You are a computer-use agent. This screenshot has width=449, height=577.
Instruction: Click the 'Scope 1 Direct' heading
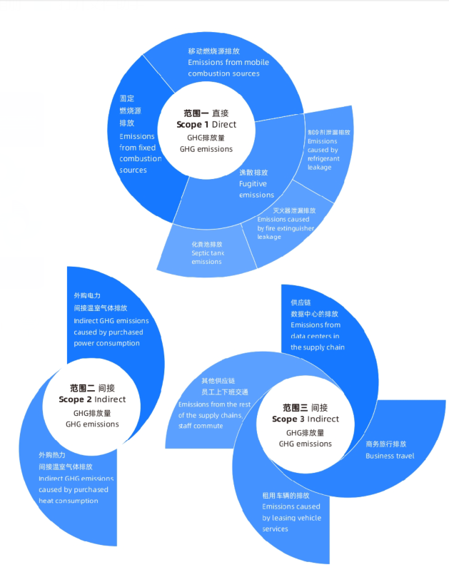point(206,125)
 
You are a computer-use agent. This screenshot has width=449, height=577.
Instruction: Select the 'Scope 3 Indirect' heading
point(305,419)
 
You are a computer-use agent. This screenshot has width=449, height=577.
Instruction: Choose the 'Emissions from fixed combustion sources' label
point(140,153)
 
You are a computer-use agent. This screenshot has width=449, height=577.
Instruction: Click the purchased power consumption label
point(109,332)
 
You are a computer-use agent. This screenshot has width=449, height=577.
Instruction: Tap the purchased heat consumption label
point(74,489)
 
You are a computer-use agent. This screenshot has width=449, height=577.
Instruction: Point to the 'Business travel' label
point(390,456)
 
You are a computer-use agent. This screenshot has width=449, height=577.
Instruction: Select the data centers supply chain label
point(318,336)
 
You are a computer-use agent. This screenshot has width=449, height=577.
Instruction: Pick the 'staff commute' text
point(201,426)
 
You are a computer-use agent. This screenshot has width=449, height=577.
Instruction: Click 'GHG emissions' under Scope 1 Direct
point(206,149)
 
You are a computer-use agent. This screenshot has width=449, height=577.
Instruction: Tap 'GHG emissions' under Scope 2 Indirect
point(92,424)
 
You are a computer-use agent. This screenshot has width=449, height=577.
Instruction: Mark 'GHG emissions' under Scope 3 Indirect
point(305,444)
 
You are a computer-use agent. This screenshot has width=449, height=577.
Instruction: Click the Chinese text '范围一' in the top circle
point(196,113)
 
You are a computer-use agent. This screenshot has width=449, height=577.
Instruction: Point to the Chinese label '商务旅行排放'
point(386,444)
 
